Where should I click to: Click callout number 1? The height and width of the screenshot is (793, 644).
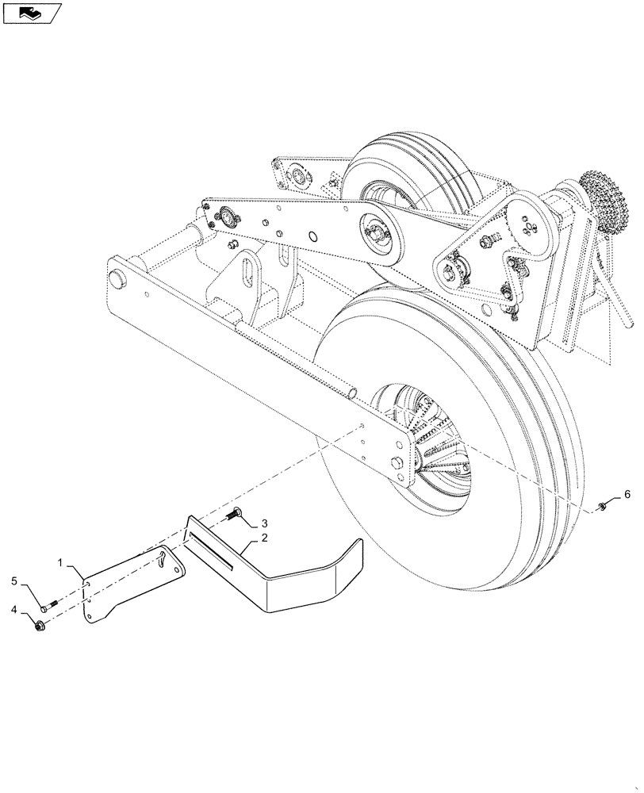(60, 562)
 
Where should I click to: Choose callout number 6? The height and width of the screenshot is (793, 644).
(627, 495)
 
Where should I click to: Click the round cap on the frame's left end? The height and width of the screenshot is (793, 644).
(119, 278)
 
